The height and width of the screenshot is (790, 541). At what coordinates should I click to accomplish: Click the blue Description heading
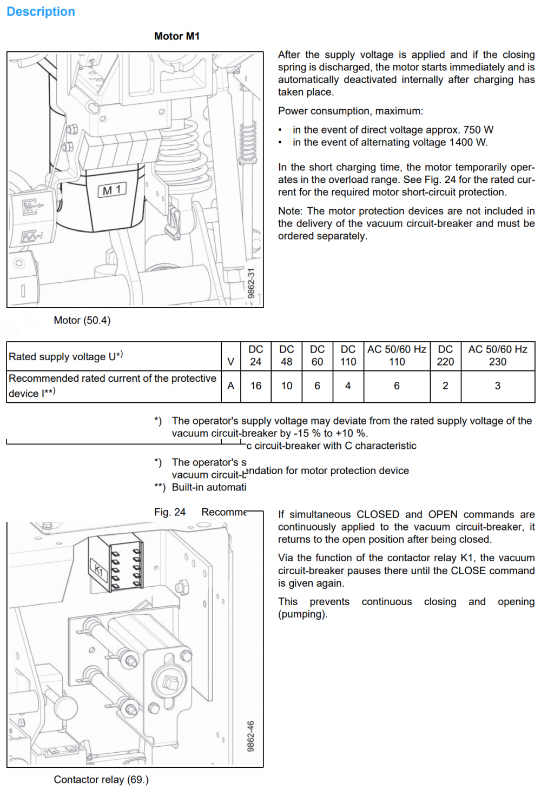tap(41, 12)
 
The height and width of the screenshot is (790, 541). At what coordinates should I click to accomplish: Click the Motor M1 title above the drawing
tap(177, 36)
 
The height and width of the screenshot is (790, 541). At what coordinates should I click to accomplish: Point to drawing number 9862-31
tap(251, 283)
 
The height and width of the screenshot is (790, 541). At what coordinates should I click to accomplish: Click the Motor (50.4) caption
tap(82, 321)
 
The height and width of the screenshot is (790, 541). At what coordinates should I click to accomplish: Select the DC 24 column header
tap(256, 356)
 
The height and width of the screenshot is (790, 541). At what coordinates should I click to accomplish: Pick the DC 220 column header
tap(445, 356)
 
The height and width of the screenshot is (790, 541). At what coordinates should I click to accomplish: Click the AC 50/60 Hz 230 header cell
tap(498, 356)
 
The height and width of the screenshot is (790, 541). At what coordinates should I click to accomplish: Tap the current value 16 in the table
tap(256, 386)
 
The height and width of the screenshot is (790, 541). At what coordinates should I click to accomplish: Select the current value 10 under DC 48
tap(287, 386)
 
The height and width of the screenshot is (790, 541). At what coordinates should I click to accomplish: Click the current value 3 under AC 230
tap(498, 386)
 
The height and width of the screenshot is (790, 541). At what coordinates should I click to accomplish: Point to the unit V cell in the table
tap(231, 362)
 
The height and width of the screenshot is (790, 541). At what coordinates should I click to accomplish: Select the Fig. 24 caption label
tap(170, 512)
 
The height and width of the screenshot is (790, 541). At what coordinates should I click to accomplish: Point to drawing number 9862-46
tap(251, 736)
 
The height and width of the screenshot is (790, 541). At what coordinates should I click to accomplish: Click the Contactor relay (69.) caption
tap(101, 780)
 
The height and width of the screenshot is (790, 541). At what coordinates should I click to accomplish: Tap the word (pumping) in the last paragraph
tap(302, 615)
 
